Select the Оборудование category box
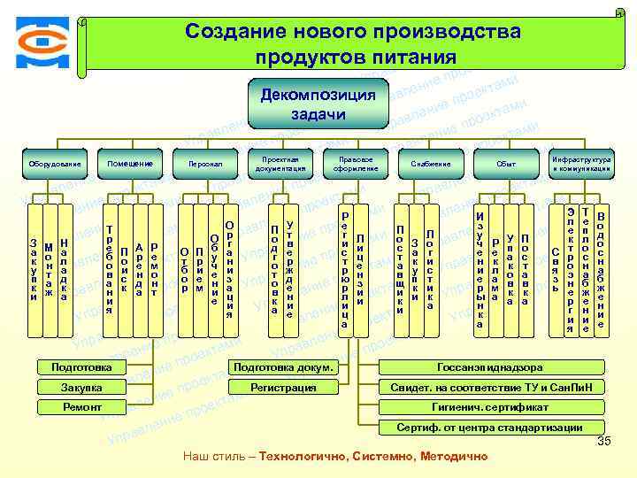(x=54, y=164)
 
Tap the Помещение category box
(x=130, y=164)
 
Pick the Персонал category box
(x=205, y=164)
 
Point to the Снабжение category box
(x=431, y=164)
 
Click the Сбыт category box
(x=506, y=164)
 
